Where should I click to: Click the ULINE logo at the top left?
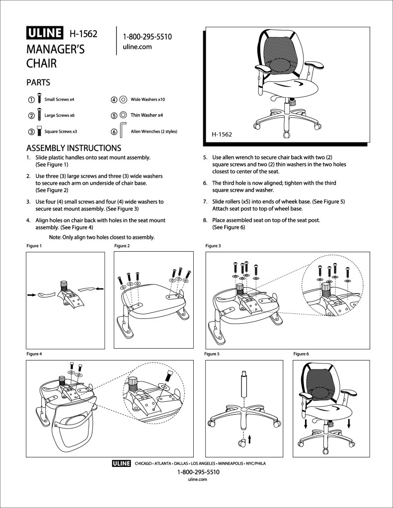[x=45, y=33]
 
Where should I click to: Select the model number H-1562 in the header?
[x=83, y=34]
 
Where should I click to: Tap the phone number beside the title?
[x=147, y=37]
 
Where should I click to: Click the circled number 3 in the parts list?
[x=31, y=132]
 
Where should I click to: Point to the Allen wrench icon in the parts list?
[x=123, y=130]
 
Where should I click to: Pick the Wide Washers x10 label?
[x=148, y=99]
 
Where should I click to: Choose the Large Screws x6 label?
[x=59, y=115]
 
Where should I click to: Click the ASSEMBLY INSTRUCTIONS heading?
[x=74, y=148]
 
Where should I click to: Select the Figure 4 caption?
[x=34, y=354]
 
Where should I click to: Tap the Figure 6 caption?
[x=301, y=354]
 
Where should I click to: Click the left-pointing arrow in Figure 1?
[x=99, y=289]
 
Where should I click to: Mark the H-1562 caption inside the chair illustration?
[x=222, y=135]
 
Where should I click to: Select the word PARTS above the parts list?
[x=38, y=82]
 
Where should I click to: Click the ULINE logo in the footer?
[x=121, y=464]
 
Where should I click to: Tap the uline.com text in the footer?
[x=197, y=480]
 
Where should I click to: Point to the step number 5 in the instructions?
[x=205, y=157]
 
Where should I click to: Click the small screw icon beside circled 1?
[x=39, y=98]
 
